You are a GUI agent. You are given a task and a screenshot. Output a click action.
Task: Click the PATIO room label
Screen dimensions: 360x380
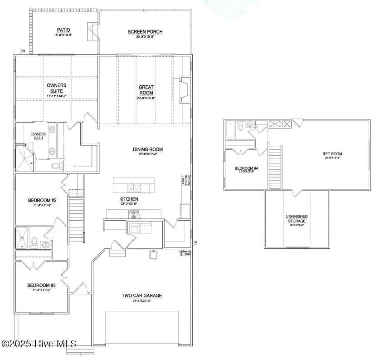coord(63,30)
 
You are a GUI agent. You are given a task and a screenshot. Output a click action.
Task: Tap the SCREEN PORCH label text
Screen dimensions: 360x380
coord(145,32)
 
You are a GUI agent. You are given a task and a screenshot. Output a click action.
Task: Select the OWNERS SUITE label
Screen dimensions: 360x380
coord(56,88)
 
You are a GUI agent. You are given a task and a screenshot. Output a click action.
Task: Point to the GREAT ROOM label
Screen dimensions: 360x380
coord(146,89)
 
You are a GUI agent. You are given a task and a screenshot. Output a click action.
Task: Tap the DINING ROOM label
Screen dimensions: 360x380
coord(147,149)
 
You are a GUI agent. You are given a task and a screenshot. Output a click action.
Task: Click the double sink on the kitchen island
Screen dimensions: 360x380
coord(133,188)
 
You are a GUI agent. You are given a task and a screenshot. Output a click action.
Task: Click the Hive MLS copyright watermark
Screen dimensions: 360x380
coord(39,344)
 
